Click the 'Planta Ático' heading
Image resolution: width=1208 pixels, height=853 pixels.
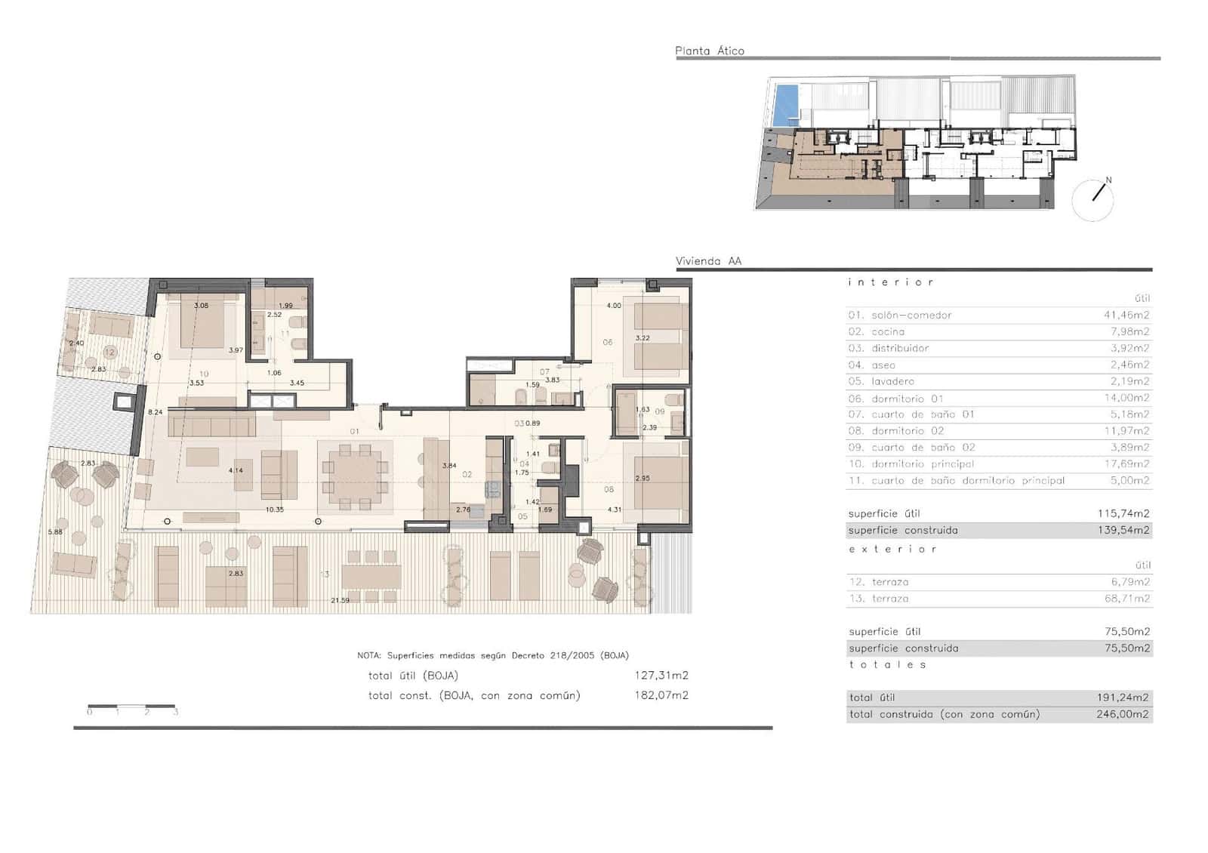click(x=709, y=51)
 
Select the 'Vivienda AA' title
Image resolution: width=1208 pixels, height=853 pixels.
click(x=708, y=261)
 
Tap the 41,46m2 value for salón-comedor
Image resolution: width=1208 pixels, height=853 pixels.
click(x=1126, y=315)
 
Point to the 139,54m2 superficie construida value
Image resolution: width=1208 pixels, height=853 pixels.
click(x=1123, y=530)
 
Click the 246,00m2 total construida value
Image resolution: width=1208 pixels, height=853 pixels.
click(x=1123, y=714)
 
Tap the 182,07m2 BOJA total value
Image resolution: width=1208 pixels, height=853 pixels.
click(x=661, y=695)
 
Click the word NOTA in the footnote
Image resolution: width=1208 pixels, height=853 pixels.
click(x=369, y=655)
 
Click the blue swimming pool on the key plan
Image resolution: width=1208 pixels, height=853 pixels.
click(x=786, y=105)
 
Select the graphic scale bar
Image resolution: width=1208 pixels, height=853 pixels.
click(x=131, y=707)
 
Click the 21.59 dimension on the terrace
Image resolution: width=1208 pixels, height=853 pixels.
click(x=340, y=600)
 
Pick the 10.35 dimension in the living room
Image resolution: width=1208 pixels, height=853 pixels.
click(x=274, y=510)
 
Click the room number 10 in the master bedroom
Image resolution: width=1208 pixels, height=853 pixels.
click(x=204, y=374)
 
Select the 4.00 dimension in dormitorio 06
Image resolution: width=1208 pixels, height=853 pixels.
click(x=614, y=306)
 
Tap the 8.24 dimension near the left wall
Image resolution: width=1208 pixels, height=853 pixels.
click(x=155, y=412)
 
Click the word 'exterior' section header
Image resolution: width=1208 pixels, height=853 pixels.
click(x=892, y=549)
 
